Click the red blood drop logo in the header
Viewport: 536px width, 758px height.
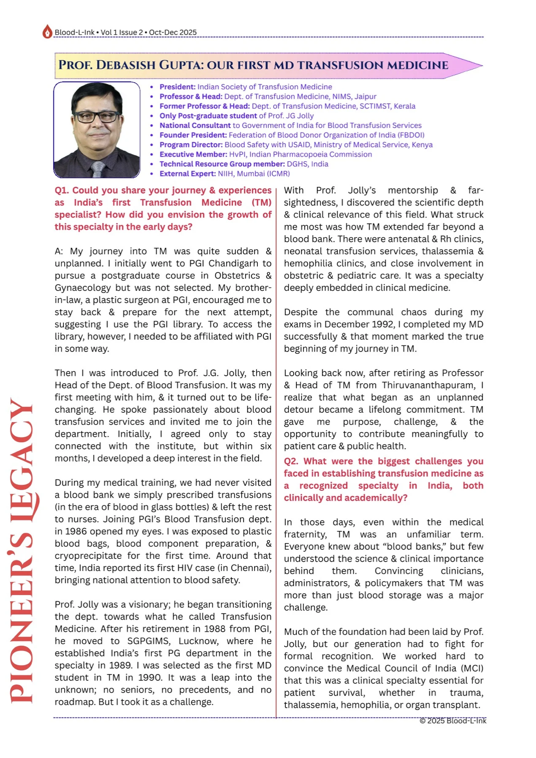(x=47, y=32)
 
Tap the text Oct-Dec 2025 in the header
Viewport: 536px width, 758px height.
(x=173, y=32)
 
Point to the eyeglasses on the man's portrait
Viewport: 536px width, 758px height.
(x=97, y=116)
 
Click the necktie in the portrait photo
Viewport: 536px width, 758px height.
(x=97, y=169)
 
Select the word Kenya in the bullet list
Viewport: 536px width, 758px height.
(x=422, y=145)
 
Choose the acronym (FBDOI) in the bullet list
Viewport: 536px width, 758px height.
(x=411, y=135)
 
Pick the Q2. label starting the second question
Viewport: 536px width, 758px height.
(x=291, y=461)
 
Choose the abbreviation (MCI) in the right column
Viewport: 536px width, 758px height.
(x=471, y=669)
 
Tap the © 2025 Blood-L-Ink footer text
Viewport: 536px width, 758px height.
(x=453, y=721)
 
